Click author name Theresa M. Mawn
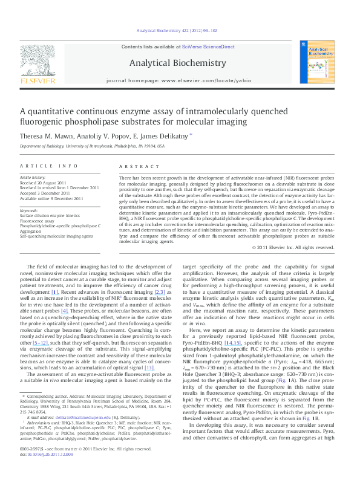point(46,137)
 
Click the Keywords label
point(29,211)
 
